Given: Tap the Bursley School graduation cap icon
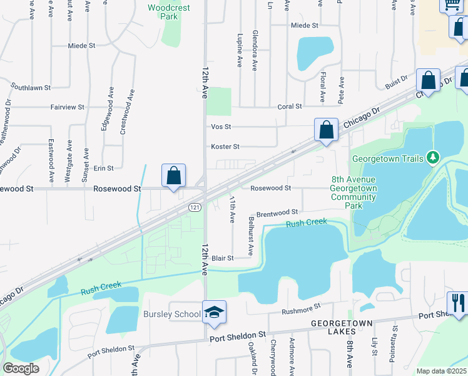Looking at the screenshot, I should pos(214,313).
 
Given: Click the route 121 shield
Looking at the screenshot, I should pos(195,206).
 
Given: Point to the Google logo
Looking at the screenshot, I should pos(21,368).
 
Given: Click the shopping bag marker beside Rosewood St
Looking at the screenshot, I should pos(174,176).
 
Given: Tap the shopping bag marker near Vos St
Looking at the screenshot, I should pos(326,130).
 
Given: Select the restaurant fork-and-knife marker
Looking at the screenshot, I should pos(457,303).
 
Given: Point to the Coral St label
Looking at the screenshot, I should pos(290,107).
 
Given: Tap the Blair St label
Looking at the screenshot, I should pos(222,258).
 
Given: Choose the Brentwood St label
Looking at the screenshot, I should pos(277,213).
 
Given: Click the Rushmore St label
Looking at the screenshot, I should pos(301,308).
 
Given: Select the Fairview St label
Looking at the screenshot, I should pos(68,107).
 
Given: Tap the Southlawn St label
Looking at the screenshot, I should pos(30,88).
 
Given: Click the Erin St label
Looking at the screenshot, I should pos(103,168).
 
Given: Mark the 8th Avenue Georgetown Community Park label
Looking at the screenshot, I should pos(354,192).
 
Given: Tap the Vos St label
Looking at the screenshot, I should pos(222,127).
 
